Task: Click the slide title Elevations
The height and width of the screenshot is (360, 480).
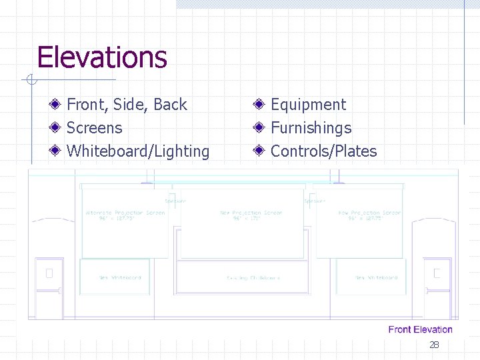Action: (102, 57)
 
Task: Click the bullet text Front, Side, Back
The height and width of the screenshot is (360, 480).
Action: (127, 105)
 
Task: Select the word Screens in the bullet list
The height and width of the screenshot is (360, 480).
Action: (95, 128)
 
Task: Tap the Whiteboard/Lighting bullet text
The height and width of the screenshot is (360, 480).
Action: (138, 151)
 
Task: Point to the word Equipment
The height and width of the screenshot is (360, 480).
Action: (308, 105)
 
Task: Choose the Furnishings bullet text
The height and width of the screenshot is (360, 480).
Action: (311, 128)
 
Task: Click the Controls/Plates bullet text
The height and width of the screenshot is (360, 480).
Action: (323, 151)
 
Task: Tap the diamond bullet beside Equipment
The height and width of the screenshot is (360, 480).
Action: (259, 104)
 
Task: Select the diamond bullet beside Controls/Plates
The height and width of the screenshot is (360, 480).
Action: (259, 151)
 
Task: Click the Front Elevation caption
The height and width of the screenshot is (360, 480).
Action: (420, 329)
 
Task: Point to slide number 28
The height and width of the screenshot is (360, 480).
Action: (434, 345)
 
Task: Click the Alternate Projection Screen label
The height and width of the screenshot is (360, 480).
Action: (125, 213)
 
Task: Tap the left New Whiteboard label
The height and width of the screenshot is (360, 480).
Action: (120, 277)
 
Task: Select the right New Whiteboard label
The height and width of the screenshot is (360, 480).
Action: (377, 277)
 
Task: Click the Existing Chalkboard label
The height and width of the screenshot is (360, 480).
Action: (253, 277)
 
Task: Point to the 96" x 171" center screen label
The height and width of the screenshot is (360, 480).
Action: (251, 219)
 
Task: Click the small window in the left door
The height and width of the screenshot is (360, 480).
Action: (49, 273)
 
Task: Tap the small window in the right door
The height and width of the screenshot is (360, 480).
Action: (437, 273)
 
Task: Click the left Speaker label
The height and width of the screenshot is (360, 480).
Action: (175, 201)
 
